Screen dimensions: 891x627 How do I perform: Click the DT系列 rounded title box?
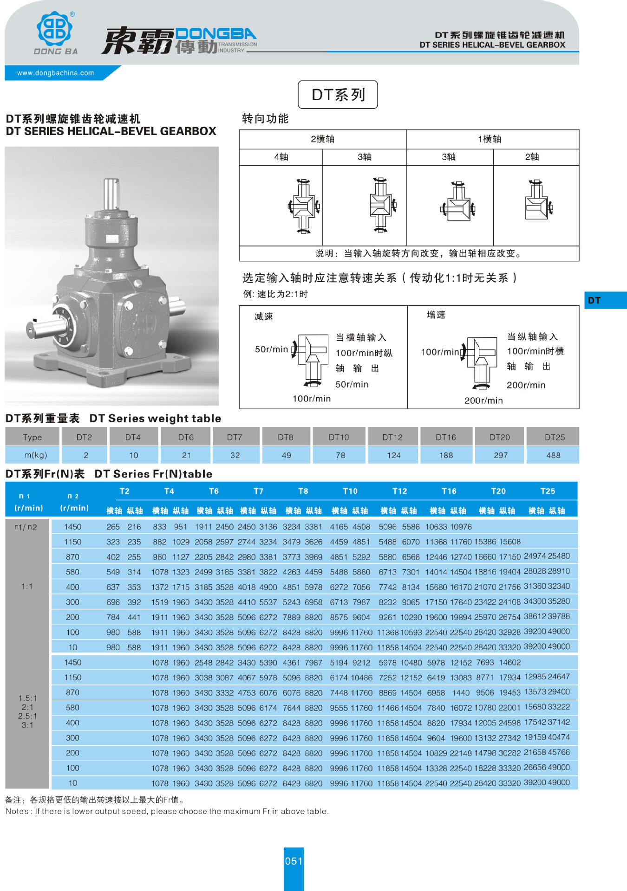click(x=338, y=95)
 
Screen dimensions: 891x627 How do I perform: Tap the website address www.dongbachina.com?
click(x=55, y=73)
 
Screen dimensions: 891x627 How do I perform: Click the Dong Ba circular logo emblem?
click(x=55, y=29)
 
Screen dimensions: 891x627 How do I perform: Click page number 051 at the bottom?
click(x=294, y=861)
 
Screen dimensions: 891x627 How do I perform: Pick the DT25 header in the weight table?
click(x=554, y=437)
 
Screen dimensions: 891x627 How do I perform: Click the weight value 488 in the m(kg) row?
click(x=553, y=455)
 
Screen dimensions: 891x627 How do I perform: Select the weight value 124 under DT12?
click(x=393, y=455)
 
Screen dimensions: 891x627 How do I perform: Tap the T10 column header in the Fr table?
click(x=350, y=491)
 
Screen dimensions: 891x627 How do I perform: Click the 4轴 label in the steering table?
click(x=281, y=157)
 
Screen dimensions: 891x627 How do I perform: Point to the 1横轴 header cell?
click(x=490, y=139)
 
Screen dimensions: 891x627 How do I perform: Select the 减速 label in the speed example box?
click(x=264, y=316)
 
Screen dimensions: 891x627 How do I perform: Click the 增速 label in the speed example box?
click(x=436, y=315)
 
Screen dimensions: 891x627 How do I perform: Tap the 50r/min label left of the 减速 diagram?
click(x=271, y=349)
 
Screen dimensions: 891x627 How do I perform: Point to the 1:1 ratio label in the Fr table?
click(x=27, y=586)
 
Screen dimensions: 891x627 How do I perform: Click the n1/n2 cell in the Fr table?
click(x=26, y=527)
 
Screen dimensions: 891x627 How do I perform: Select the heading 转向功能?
click(x=265, y=119)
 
